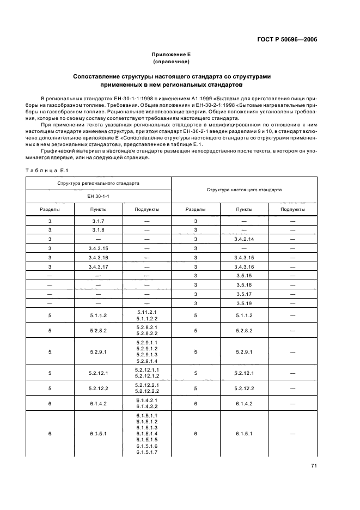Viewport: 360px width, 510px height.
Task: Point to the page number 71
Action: pos(314,466)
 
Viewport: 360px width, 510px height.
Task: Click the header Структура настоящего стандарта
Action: pos(244,190)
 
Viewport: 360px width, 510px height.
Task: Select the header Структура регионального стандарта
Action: pos(99,183)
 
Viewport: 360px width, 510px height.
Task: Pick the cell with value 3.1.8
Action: pos(99,230)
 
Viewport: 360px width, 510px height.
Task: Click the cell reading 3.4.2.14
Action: pos(244,239)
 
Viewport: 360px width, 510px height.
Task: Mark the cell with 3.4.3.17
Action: pos(99,266)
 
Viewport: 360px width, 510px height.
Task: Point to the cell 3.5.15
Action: pos(244,276)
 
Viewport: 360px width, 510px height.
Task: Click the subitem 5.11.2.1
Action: pos(147,312)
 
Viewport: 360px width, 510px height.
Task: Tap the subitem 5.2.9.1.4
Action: pos(147,361)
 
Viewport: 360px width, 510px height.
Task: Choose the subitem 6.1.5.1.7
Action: pos(147,452)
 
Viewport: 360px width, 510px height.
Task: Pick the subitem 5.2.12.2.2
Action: pos(147,391)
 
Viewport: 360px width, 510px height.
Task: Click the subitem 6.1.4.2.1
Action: pos(147,400)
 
